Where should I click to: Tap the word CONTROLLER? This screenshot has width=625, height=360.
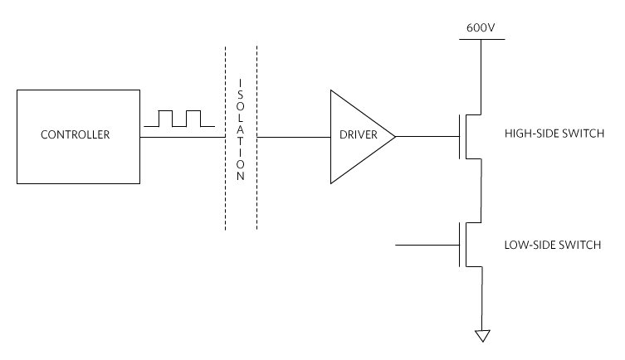[78, 134]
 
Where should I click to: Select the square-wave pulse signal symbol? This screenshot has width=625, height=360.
[179, 118]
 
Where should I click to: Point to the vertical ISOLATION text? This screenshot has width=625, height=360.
[241, 130]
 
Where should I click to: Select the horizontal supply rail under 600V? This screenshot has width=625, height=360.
[481, 38]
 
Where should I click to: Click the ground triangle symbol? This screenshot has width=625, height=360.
[481, 335]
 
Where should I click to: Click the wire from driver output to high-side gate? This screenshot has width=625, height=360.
[427, 134]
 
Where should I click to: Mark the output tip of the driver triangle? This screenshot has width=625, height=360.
[394, 134]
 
